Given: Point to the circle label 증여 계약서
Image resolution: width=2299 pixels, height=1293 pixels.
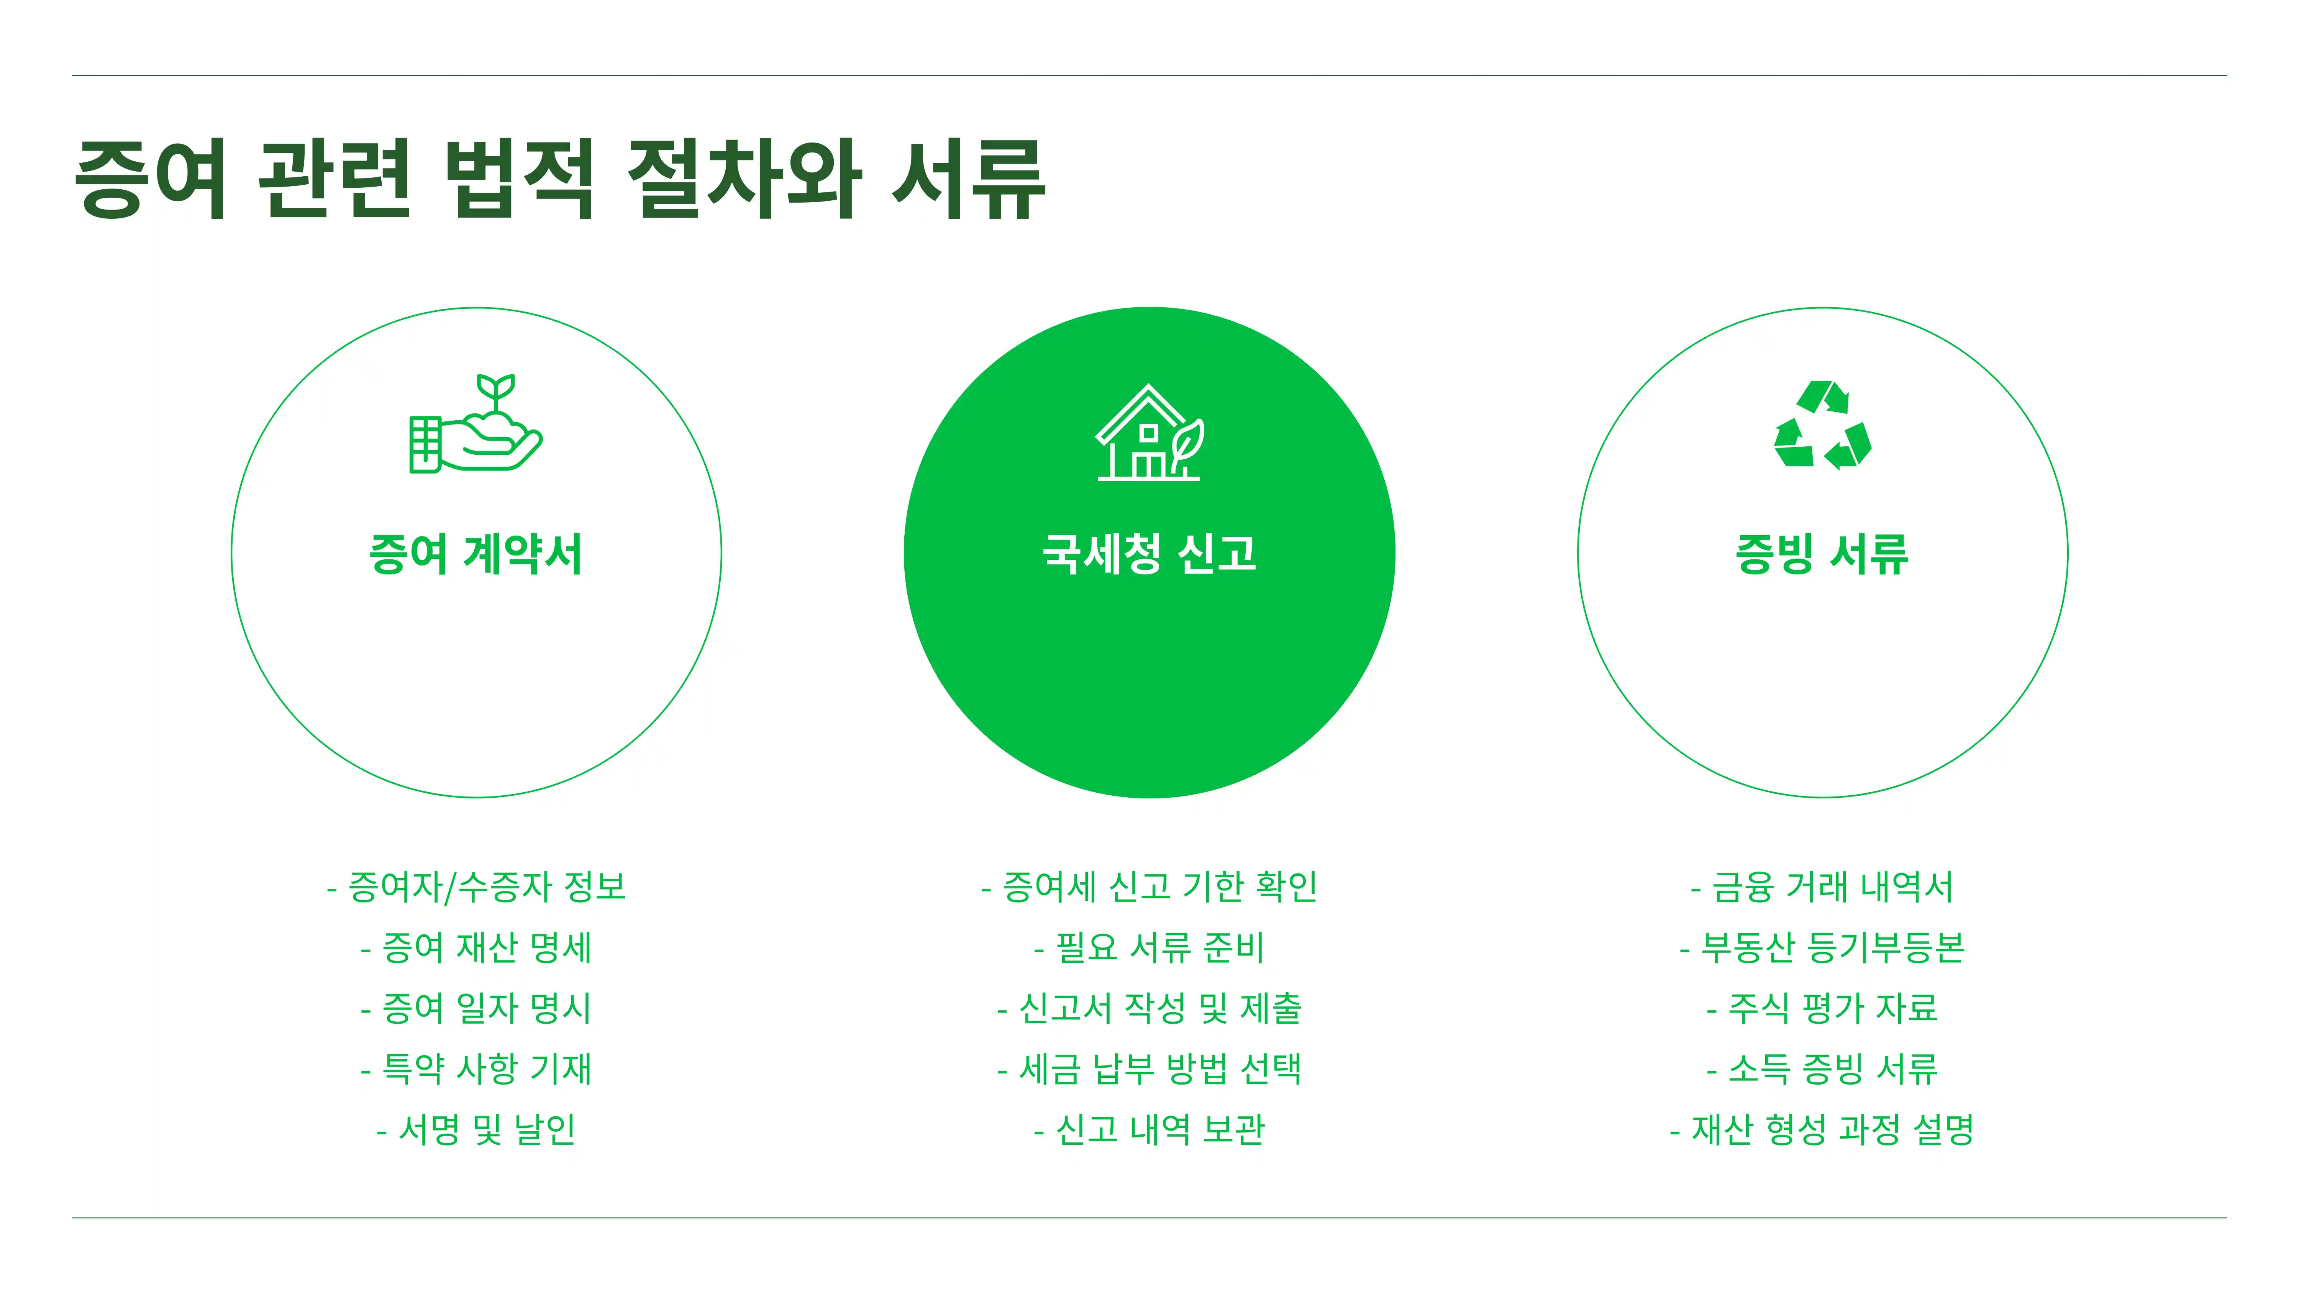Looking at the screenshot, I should (476, 554).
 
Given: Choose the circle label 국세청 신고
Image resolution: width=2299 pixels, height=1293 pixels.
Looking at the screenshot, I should (1149, 554).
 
